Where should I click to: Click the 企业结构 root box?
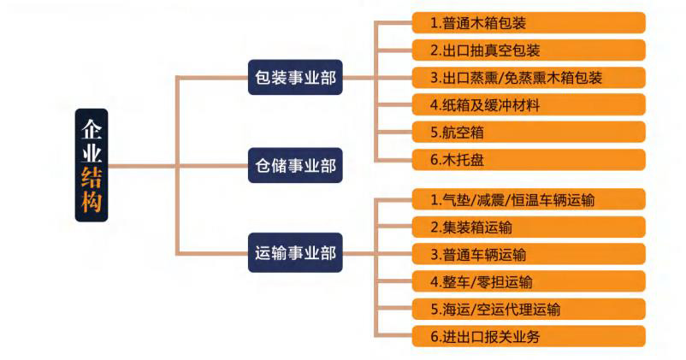(92, 166)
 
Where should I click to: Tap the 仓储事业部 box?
(295, 166)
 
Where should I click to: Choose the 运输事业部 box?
(295, 253)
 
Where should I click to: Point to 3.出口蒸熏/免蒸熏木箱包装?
(527, 78)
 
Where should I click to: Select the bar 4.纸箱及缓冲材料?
(527, 105)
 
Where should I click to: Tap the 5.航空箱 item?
(527, 133)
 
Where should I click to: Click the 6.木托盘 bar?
(527, 160)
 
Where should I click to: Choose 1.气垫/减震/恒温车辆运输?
(527, 200)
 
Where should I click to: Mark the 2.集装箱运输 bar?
(527, 227)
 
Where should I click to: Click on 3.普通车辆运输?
(527, 255)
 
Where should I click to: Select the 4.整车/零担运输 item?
(527, 282)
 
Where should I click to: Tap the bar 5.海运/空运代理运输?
(527, 310)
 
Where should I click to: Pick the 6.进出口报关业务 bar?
(527, 337)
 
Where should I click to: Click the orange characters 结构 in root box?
(92, 191)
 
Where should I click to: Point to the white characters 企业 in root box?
(92, 141)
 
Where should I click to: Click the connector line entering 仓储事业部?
(214, 166)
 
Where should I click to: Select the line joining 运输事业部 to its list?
(359, 253)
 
